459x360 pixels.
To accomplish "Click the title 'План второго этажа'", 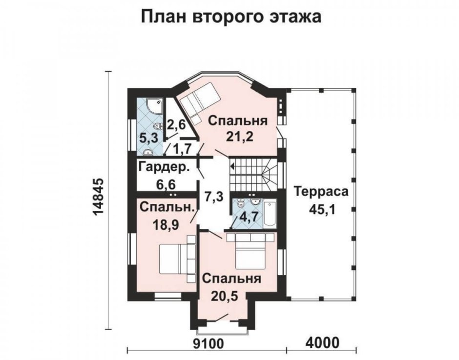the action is (x=231, y=17).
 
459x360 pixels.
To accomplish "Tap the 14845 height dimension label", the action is (x=99, y=200).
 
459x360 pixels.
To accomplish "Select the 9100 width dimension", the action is (x=209, y=343).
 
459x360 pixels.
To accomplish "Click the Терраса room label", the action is (x=321, y=192).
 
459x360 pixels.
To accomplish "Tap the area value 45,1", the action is (x=321, y=209).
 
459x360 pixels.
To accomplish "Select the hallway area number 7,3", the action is (x=214, y=197).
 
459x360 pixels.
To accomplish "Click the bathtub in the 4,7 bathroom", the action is (x=270, y=214).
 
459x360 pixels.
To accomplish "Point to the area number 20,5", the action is (x=224, y=297).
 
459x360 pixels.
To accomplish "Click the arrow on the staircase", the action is (x=232, y=167).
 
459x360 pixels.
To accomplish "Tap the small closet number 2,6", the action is (x=176, y=125).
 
